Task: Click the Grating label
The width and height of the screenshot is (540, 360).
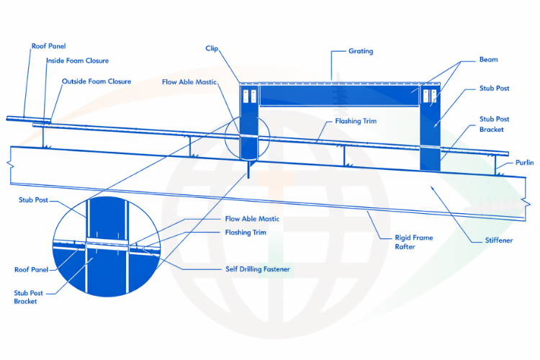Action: point(361,52)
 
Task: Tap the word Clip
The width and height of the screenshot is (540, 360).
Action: point(212,48)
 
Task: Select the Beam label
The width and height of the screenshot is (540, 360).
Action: point(487,60)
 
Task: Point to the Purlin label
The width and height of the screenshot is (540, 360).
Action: point(524,163)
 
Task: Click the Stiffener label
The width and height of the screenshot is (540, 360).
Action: point(495,240)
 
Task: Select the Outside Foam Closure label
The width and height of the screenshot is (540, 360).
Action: point(96,81)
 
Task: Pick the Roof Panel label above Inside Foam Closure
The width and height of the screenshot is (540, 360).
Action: point(48,46)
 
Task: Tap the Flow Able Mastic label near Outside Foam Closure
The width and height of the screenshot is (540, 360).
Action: point(189,82)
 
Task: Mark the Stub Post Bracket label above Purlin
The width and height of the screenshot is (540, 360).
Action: point(494,124)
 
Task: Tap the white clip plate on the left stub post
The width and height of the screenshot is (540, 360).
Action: point(249,97)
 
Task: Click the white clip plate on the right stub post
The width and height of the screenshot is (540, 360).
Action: point(430,97)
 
